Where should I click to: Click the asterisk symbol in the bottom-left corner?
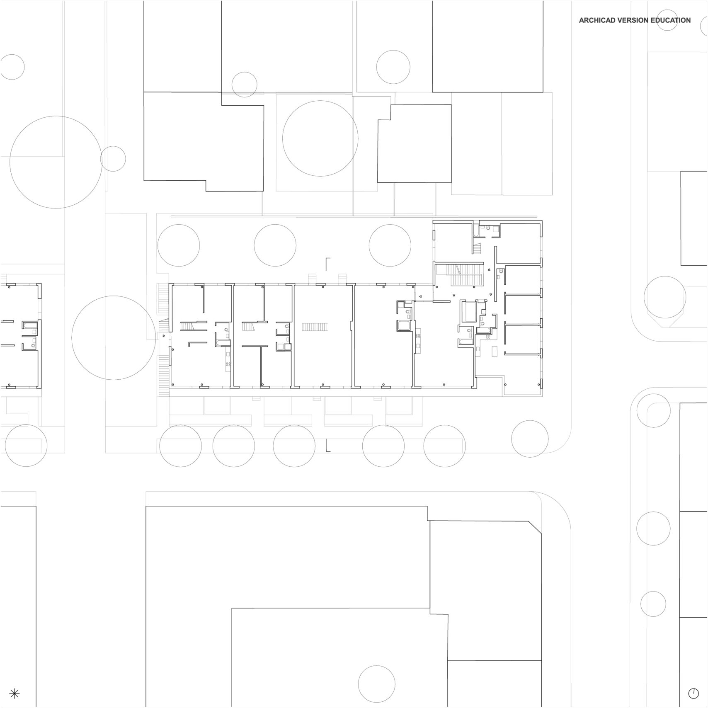pos(14,693)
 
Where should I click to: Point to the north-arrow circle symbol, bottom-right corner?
pos(693,693)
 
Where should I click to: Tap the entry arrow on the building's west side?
pos(164,335)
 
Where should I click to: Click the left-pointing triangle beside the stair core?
pos(420,296)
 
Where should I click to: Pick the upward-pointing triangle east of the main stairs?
pos(489,269)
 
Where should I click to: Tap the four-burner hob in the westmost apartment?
pos(228,364)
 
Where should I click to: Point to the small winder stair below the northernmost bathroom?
pos(479,248)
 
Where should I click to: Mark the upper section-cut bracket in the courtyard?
pos(328,264)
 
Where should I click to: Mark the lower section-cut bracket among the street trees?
pos(328,445)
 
